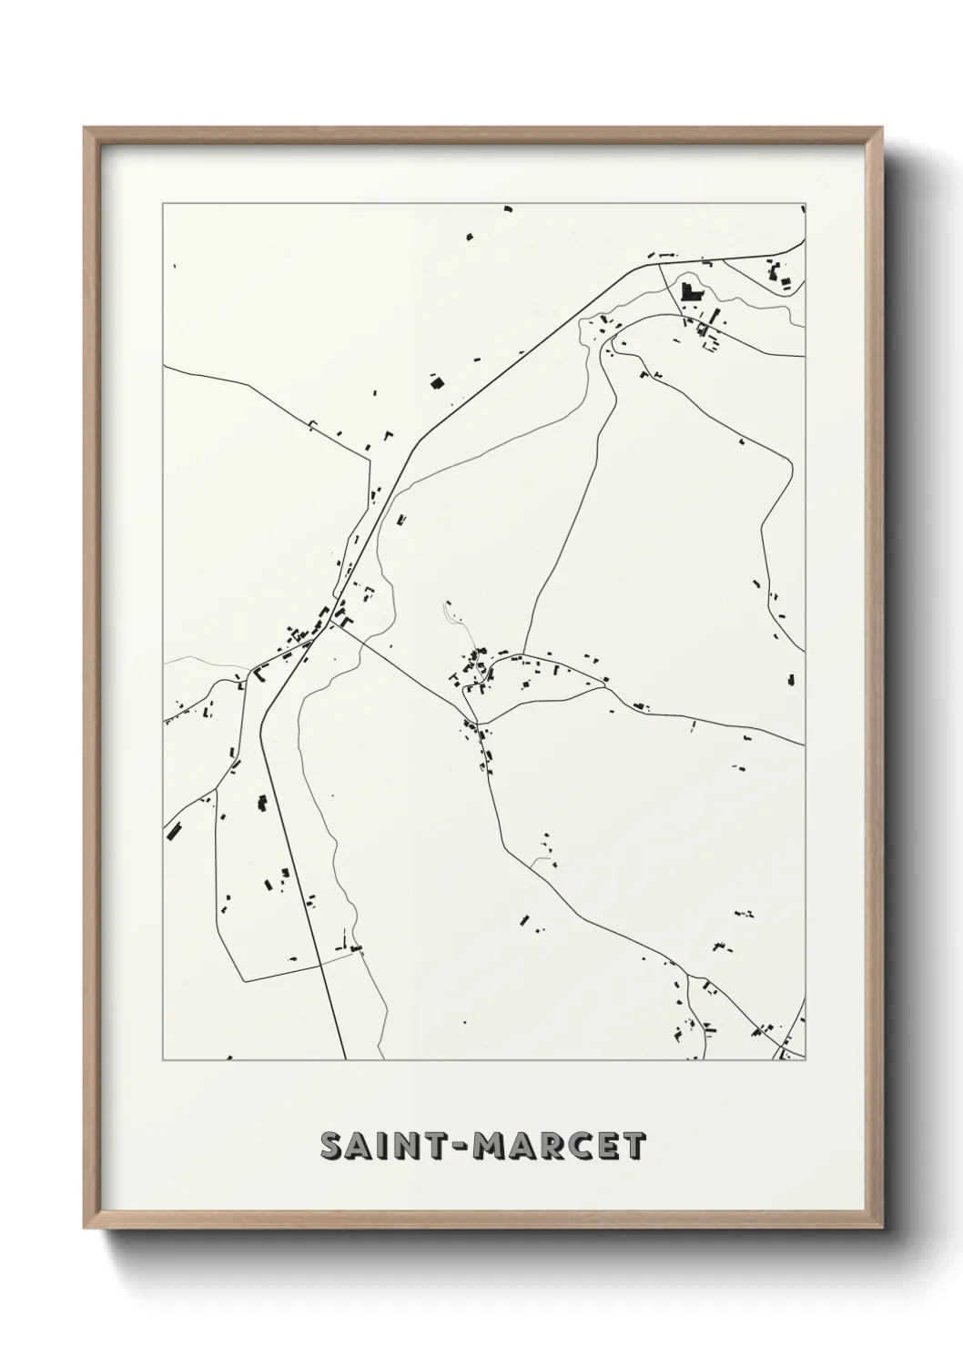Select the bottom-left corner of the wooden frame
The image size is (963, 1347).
pyautogui.click(x=86, y=1226)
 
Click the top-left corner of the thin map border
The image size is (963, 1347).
pyautogui.click(x=163, y=203)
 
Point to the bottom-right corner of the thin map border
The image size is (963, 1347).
pyautogui.click(x=806, y=1060)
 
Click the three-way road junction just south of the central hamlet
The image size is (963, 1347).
pyautogui.click(x=480, y=724)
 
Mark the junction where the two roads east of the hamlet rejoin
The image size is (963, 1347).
pyautogui.click(x=608, y=688)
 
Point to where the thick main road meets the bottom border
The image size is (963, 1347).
pyautogui.click(x=346, y=1058)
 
